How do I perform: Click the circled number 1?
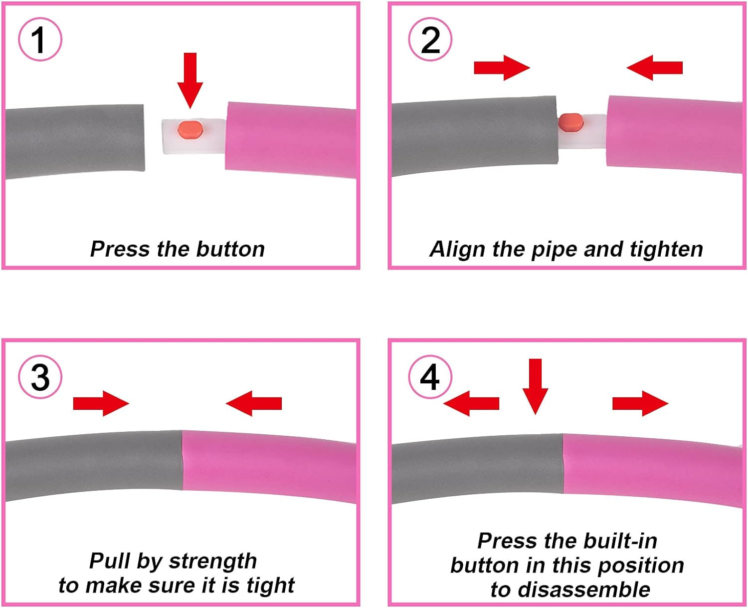point(40,39)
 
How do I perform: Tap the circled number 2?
point(430,39)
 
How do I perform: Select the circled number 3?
point(40,376)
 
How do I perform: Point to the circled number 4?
point(430,376)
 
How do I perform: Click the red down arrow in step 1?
point(190,80)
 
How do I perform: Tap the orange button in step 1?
point(190,129)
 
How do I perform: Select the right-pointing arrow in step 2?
point(502,67)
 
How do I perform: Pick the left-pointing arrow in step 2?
point(654,67)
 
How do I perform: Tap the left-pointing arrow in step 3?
point(254,403)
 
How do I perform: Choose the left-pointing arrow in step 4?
point(471,403)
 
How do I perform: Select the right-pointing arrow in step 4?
point(640,403)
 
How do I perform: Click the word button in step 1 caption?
point(230,249)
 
